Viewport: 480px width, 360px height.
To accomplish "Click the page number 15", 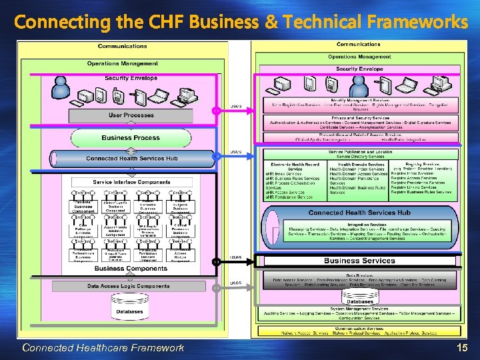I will [x=461, y=347].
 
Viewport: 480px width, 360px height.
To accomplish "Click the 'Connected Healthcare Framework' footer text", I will [x=103, y=347].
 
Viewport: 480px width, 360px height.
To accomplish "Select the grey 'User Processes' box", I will [x=131, y=115].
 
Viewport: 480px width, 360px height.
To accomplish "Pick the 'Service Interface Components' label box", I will [x=131, y=182].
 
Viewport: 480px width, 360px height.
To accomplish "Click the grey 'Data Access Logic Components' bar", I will [x=129, y=286].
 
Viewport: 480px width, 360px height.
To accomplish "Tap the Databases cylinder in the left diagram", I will [x=129, y=311].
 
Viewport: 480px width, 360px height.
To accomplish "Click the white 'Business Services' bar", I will [x=359, y=261].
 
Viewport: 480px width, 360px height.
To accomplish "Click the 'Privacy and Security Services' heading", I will [x=360, y=117].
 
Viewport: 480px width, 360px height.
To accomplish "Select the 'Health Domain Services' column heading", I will [x=359, y=163].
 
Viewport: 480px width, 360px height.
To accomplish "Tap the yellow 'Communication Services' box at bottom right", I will [x=359, y=329].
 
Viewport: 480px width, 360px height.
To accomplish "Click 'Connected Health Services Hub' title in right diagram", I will [x=359, y=213].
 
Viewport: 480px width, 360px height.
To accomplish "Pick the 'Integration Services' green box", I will [x=359, y=231].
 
